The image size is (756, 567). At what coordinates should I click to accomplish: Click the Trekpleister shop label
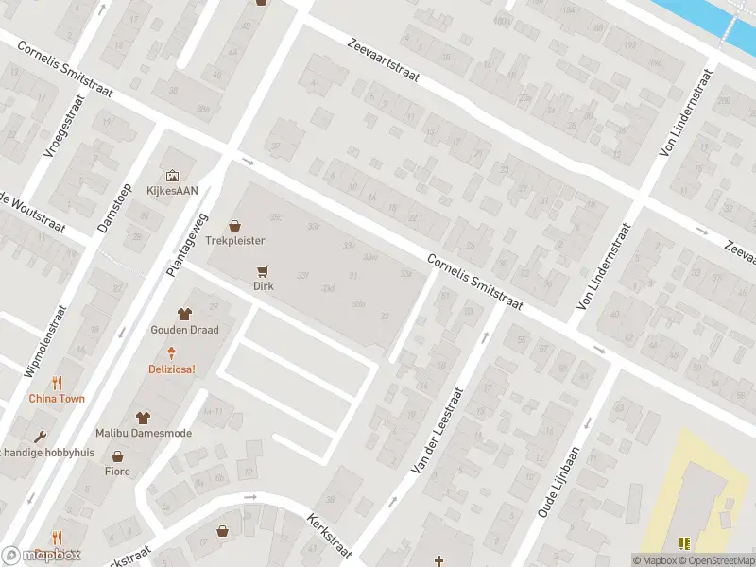[234, 242]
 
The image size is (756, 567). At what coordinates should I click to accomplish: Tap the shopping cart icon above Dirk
[263, 269]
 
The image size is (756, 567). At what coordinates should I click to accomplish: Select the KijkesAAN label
[172, 190]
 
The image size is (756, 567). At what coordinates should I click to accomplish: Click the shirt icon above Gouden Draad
[184, 314]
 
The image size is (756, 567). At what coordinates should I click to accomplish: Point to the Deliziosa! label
[171, 369]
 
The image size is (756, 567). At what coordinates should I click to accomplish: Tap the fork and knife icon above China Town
[57, 383]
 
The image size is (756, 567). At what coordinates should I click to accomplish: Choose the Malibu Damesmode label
[143, 433]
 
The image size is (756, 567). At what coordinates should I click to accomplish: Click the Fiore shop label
[117, 471]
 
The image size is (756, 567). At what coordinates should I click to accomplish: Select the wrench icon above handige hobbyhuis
[39, 437]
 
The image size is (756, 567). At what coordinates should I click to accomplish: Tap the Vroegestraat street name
[65, 126]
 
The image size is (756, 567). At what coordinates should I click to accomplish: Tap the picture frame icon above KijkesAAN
[172, 175]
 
